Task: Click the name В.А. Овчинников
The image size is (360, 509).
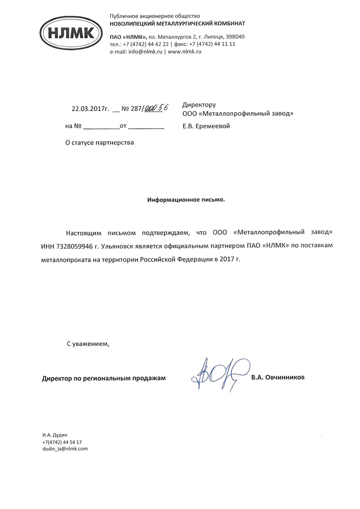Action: click(x=278, y=377)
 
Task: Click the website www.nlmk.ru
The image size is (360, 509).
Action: click(x=184, y=52)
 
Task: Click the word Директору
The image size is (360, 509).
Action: click(x=199, y=105)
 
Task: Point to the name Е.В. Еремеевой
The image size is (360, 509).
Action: click(x=206, y=126)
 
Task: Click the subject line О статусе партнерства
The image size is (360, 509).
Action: click(x=100, y=143)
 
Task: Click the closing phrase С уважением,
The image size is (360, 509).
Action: click(x=88, y=344)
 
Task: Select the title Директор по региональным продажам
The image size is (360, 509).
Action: click(x=104, y=378)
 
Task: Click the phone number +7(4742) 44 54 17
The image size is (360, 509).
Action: click(x=62, y=442)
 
